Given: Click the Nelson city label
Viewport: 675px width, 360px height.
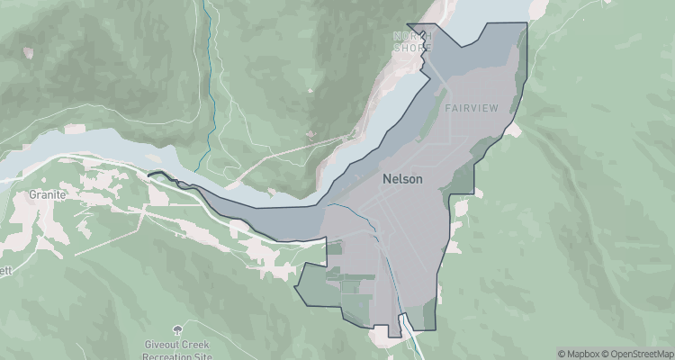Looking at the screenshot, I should [402, 178].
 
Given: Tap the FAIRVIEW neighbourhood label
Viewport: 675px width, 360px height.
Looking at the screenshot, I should [472, 108].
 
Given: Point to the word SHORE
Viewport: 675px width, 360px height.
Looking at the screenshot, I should [412, 48].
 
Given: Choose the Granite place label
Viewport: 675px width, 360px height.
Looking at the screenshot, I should [42, 193].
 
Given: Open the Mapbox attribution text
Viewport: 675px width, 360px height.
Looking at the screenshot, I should [580, 354].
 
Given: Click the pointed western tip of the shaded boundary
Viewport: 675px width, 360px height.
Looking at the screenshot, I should [149, 175].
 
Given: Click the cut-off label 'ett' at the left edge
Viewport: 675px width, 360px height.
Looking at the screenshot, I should [4, 269].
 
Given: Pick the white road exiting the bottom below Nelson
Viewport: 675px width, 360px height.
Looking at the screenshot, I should [417, 346].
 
